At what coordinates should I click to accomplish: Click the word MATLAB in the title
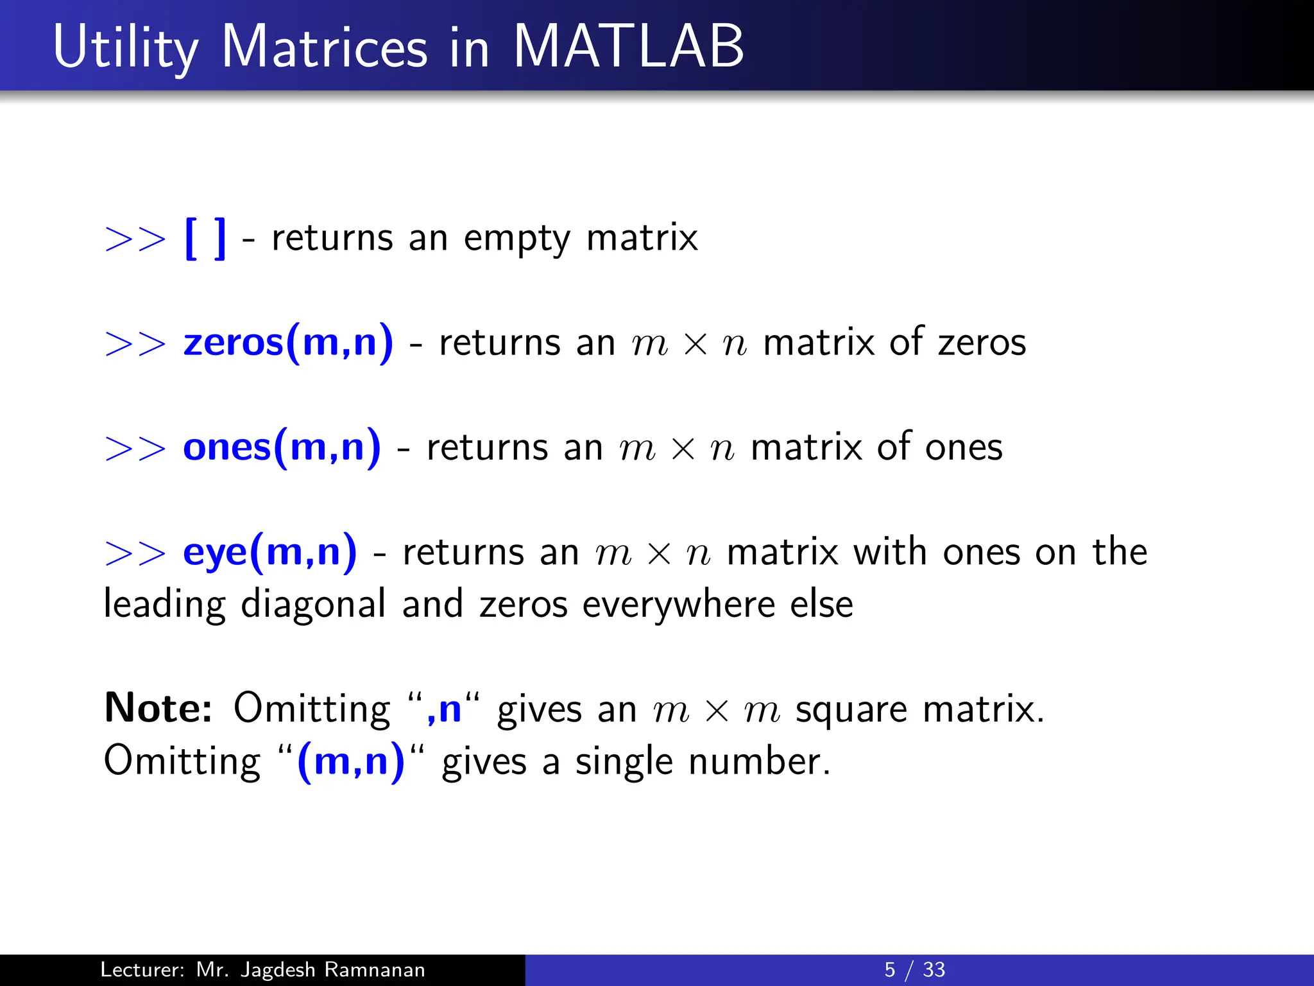pos(628,46)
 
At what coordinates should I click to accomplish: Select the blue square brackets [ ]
pos(205,238)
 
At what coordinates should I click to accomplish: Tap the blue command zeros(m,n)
pos(288,342)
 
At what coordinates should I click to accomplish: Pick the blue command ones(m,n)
pos(282,447)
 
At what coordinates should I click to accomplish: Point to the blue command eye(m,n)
pos(269,552)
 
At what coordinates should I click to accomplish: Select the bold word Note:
pos(158,708)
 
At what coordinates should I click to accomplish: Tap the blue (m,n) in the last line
pos(351,762)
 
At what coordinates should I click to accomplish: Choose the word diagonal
pos(313,605)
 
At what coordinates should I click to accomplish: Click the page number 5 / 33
pos(914,969)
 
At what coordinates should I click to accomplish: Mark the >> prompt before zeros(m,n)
pos(135,343)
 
